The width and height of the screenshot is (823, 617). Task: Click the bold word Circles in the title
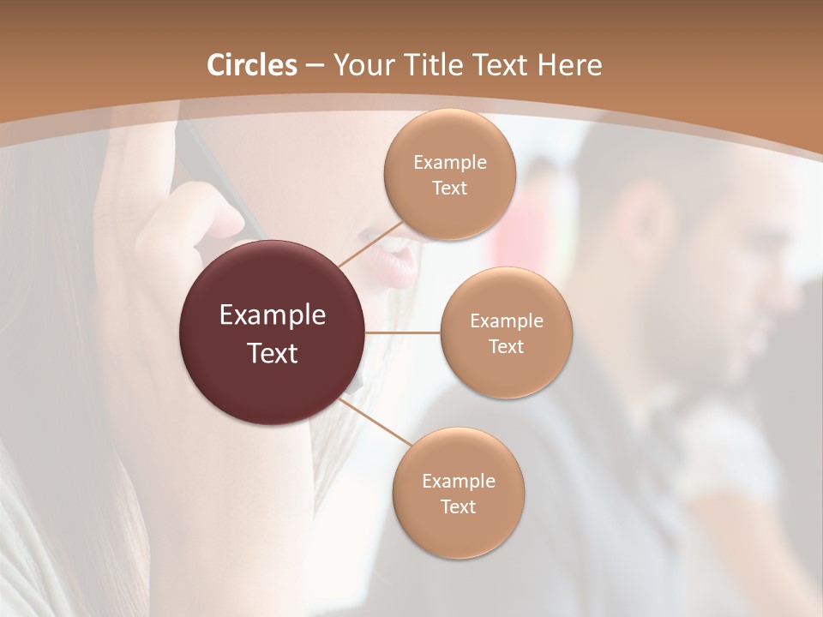pos(252,65)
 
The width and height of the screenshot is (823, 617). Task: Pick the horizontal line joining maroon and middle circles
pos(402,332)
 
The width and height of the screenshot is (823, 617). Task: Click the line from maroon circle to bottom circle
pos(376,420)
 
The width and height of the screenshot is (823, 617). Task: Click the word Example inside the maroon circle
pos(273,315)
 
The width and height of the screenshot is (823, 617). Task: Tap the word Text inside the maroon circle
pos(273,353)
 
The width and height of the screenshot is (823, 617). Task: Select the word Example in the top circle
pos(449,163)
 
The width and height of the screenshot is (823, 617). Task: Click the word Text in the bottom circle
pos(458,506)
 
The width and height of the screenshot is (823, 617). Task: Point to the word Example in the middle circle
pos(506,321)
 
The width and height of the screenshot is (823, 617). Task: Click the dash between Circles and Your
pos(315,66)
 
